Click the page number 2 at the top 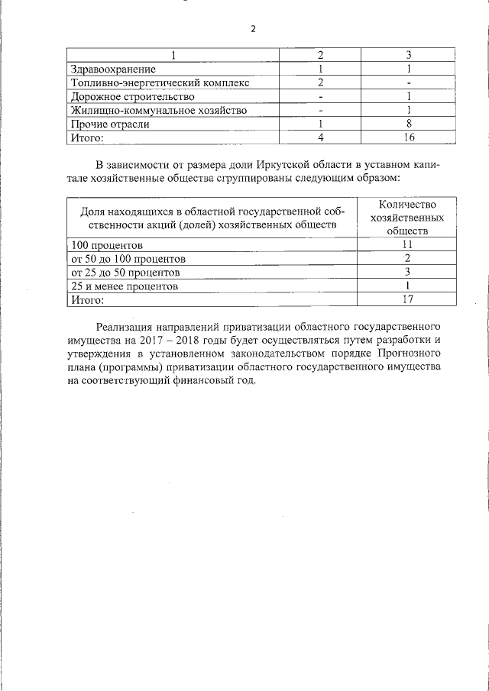point(253,29)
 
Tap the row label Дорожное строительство point(132,96)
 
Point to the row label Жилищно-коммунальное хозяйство point(158,110)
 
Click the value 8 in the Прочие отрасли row point(410,124)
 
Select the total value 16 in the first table point(410,137)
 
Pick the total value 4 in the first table point(322,137)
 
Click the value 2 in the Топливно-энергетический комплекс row point(322,82)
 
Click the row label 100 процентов point(107,245)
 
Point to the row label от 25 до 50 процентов point(125,273)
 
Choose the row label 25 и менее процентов point(124,286)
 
